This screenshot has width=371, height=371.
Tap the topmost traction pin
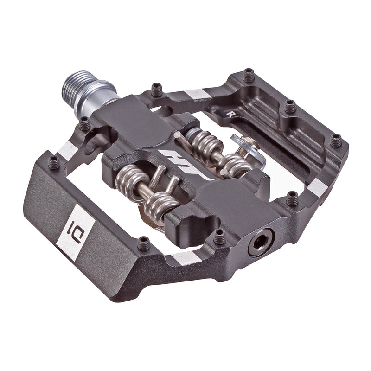pyautogui.click(x=249, y=74)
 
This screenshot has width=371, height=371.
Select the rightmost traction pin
pyautogui.click(x=336, y=140)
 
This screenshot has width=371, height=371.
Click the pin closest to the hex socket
pyautogui.click(x=219, y=236)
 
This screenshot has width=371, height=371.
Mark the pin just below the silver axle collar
pyautogui.click(x=84, y=123)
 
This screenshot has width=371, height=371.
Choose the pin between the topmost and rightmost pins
pyautogui.click(x=290, y=106)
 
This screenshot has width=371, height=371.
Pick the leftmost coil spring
pyautogui.click(x=128, y=181)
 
